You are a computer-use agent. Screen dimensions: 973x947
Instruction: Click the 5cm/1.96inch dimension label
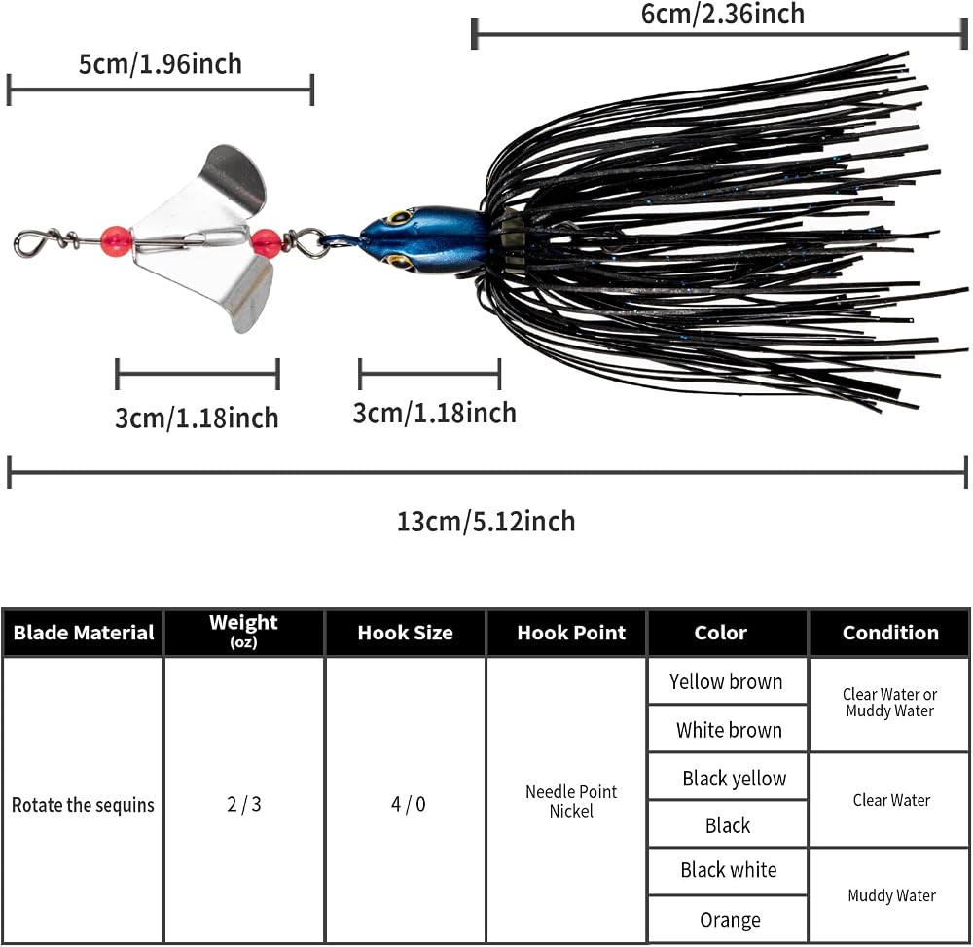[x=161, y=64]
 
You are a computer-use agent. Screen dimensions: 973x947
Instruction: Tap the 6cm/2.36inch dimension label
[x=723, y=14]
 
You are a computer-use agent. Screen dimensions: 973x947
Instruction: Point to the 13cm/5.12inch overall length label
[x=486, y=522]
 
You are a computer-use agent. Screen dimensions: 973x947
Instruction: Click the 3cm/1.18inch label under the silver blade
[x=197, y=418]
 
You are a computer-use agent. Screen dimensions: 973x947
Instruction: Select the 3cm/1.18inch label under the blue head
[x=434, y=413]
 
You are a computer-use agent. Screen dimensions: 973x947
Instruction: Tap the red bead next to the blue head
[x=267, y=243]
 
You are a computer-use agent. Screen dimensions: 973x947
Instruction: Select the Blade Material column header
[x=83, y=633]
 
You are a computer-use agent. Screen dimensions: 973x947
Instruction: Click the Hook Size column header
[x=405, y=633]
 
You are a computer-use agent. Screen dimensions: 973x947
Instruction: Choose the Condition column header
[x=890, y=633]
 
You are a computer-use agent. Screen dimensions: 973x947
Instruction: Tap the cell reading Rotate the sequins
[x=83, y=805]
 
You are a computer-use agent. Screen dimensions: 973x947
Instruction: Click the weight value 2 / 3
[x=244, y=804]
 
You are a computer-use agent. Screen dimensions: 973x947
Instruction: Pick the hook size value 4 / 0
[x=409, y=804]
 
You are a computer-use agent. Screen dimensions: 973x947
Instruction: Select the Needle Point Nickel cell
[x=571, y=801]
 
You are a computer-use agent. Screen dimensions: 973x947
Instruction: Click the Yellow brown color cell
[x=726, y=681]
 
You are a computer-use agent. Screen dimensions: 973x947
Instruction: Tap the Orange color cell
[x=730, y=919]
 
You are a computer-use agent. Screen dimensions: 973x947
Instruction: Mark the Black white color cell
[x=729, y=870]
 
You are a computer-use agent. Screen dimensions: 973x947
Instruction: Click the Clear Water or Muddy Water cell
[x=890, y=703]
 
